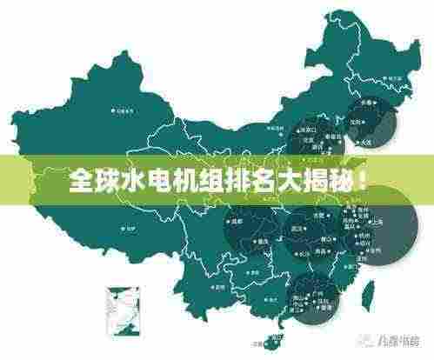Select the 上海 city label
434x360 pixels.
[x=377, y=221]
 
